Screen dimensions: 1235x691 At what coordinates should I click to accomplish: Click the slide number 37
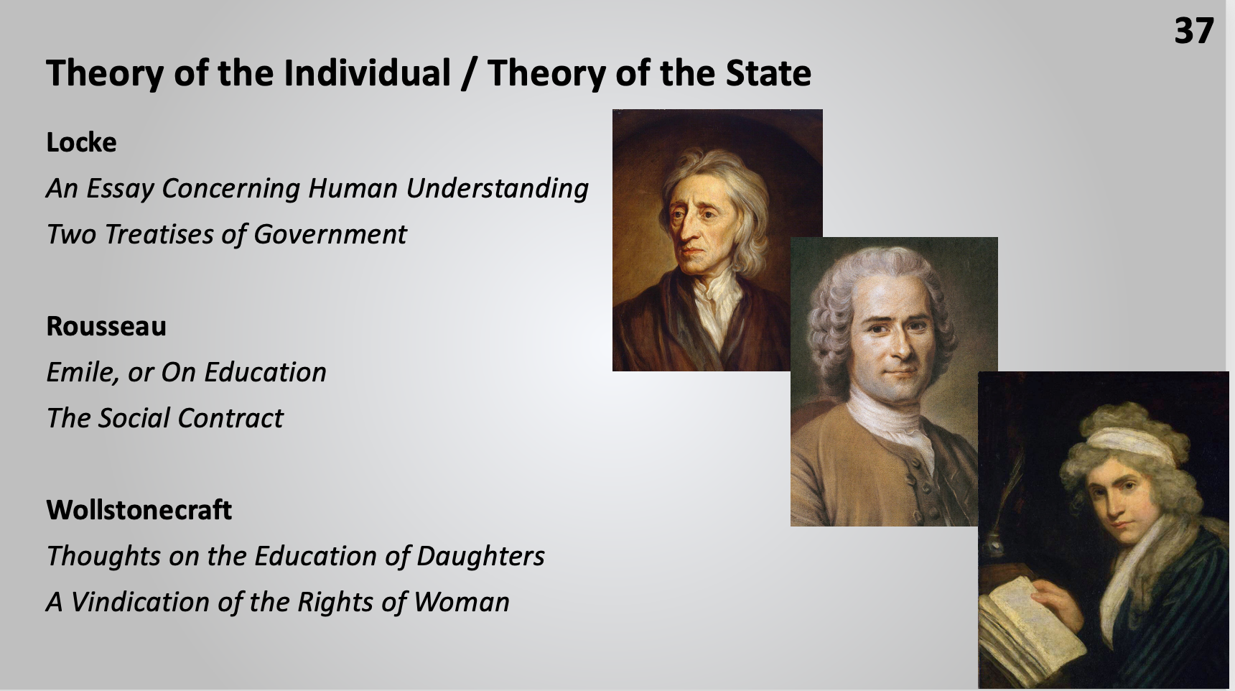click(1193, 31)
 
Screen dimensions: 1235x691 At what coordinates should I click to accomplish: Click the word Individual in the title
click(367, 73)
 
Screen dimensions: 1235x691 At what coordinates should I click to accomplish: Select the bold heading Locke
click(81, 142)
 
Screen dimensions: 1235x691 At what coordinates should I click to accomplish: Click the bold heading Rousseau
click(106, 326)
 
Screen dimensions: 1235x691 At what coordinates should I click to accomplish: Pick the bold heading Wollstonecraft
click(139, 510)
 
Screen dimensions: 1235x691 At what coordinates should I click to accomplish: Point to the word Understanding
click(498, 189)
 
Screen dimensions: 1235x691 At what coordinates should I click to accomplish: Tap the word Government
click(330, 234)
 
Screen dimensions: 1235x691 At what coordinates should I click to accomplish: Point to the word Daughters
click(480, 556)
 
